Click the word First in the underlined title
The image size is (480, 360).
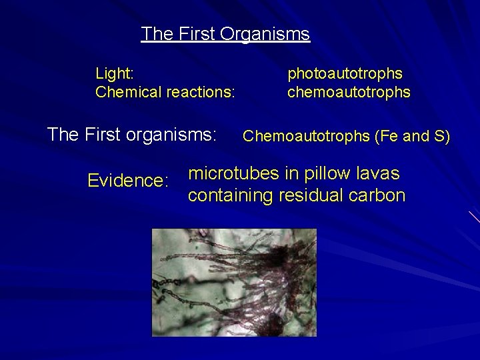click(194, 34)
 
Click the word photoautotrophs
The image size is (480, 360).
click(345, 71)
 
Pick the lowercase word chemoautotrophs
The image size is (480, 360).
click(349, 91)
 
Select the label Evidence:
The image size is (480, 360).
click(127, 181)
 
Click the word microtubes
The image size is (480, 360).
click(232, 174)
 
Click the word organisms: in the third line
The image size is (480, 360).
click(179, 135)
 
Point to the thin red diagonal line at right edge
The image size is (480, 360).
click(474, 217)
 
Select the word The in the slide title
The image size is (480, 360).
click(157, 34)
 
